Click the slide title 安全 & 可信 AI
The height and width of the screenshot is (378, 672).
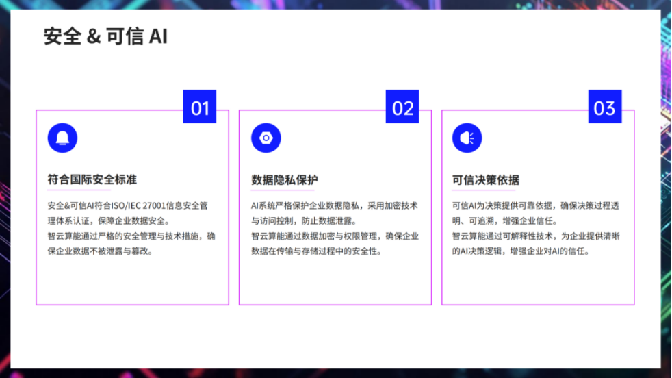105,36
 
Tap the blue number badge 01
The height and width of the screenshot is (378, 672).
200,108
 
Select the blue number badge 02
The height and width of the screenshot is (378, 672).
402,108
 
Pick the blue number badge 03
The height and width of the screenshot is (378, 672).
605,108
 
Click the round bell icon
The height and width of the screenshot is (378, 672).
62,138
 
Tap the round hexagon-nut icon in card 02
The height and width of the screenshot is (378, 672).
266,138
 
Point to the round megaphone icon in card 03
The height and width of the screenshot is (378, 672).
467,138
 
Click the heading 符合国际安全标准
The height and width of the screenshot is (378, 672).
92,179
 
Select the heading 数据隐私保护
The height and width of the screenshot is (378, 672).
284,179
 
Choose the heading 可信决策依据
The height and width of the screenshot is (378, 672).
486,179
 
